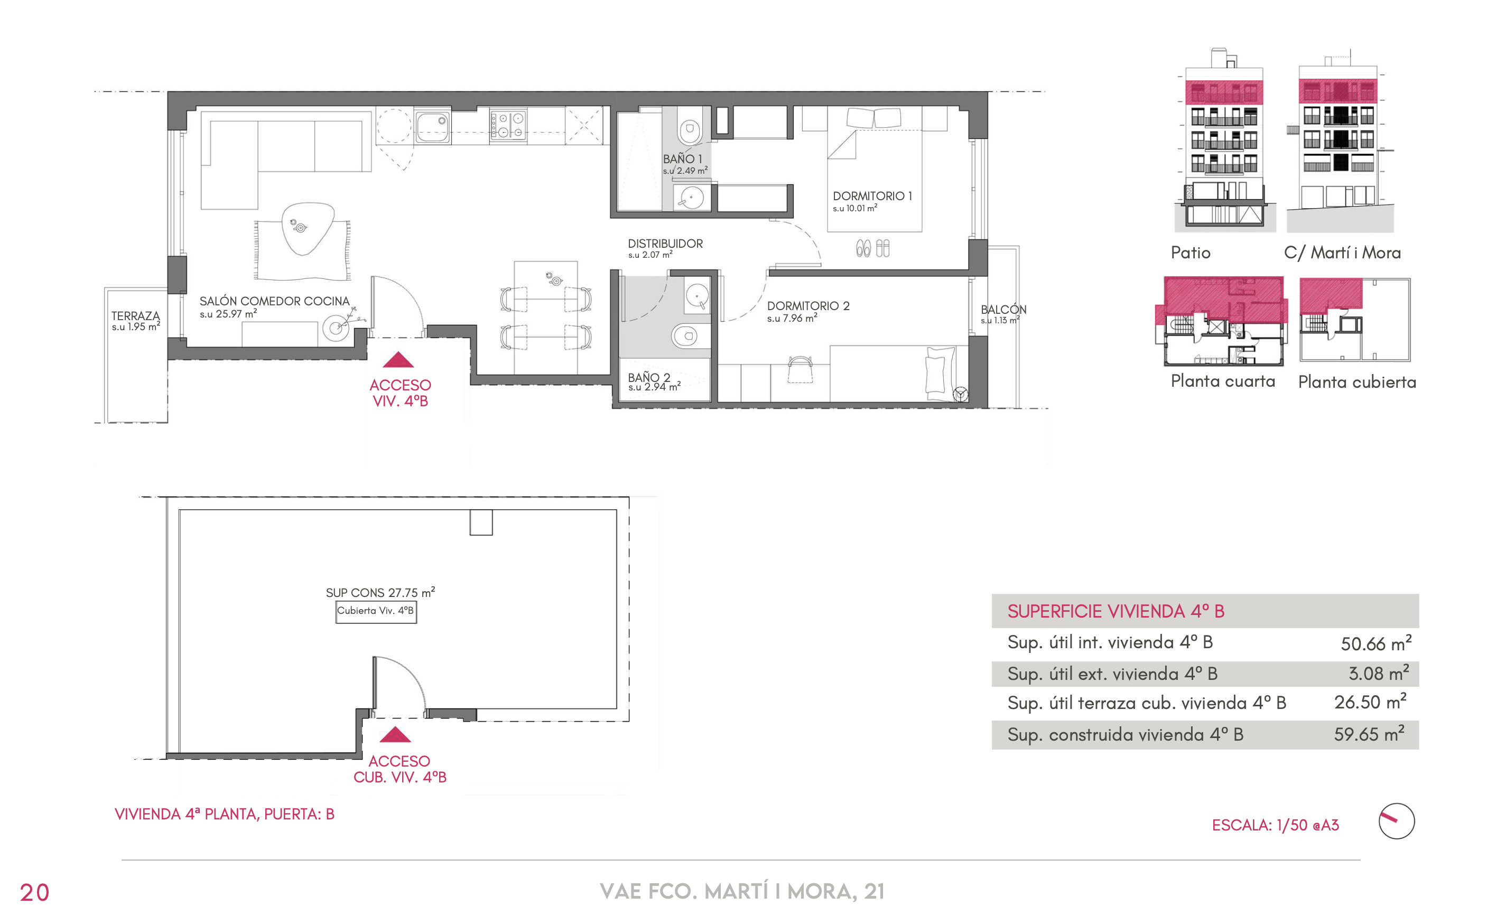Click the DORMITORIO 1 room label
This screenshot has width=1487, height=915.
tap(872, 196)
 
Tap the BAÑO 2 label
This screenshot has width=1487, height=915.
tap(649, 377)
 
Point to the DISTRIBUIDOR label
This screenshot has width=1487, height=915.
tap(665, 243)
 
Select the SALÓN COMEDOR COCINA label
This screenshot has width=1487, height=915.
tap(275, 301)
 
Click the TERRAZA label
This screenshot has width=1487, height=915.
tap(136, 316)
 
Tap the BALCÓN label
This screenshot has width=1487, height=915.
tap(1003, 309)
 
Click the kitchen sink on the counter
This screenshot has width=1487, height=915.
tap(432, 126)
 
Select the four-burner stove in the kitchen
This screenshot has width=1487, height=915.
tap(508, 125)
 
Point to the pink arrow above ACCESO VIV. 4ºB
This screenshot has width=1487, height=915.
tap(398, 360)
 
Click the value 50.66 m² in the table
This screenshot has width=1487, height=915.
tap(1376, 643)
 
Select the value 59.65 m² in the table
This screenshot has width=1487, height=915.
tap(1369, 733)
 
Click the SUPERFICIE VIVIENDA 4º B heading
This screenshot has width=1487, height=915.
tap(1116, 611)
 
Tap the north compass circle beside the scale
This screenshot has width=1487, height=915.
tap(1396, 821)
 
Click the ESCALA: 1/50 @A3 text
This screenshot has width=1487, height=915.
tap(1275, 825)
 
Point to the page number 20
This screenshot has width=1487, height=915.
tap(34, 892)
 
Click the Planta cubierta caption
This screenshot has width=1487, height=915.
tap(1357, 382)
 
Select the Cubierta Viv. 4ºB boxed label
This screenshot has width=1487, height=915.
tap(376, 611)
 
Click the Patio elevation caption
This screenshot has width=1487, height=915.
tap(1191, 253)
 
